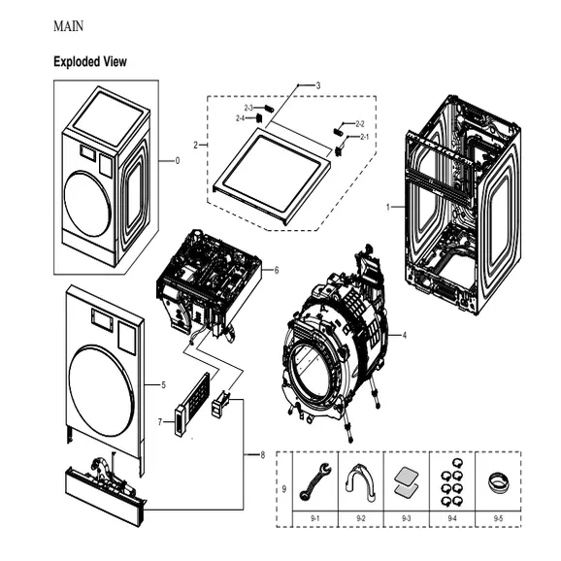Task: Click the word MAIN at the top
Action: [68, 25]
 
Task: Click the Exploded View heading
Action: [89, 62]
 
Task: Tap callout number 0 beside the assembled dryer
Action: [177, 161]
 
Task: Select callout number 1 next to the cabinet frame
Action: [388, 207]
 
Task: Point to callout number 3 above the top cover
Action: [317, 86]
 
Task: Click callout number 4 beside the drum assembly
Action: [404, 335]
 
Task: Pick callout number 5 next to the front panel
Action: [163, 385]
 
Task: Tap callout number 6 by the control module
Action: [277, 269]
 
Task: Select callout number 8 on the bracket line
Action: [261, 456]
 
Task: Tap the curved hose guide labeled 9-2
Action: [361, 481]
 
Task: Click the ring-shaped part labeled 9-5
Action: [498, 482]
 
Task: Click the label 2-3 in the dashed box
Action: [248, 108]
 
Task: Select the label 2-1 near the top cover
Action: [364, 137]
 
